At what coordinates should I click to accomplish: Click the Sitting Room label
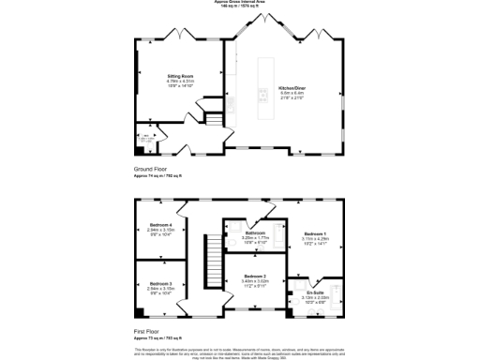(180, 75)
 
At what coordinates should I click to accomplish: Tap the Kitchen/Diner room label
(292, 87)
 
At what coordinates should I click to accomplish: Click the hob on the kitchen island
(264, 94)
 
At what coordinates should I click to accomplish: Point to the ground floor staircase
(213, 120)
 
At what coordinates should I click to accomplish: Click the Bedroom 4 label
(161, 224)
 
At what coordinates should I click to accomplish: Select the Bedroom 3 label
(161, 282)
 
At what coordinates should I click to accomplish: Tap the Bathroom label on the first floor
(256, 232)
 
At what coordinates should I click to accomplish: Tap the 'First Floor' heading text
(150, 330)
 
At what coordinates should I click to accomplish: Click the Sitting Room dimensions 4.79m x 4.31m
(180, 81)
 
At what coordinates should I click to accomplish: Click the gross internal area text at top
(240, 3)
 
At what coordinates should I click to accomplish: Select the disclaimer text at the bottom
(240, 351)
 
